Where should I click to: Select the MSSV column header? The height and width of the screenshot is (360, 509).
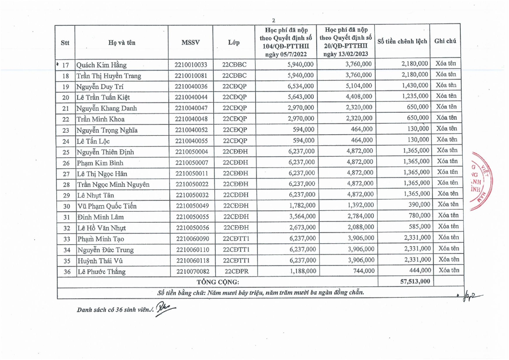[x=191, y=42]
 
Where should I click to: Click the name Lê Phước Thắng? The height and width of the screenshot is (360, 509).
[x=101, y=271]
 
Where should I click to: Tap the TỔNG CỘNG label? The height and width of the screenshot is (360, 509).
[x=219, y=282]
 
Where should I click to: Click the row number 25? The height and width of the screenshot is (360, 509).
[x=65, y=152]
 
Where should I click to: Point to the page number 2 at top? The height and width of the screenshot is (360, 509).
[x=273, y=20]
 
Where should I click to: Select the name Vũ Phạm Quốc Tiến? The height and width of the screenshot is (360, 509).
[x=106, y=206]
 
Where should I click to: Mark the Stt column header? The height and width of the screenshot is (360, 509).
[x=65, y=42]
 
